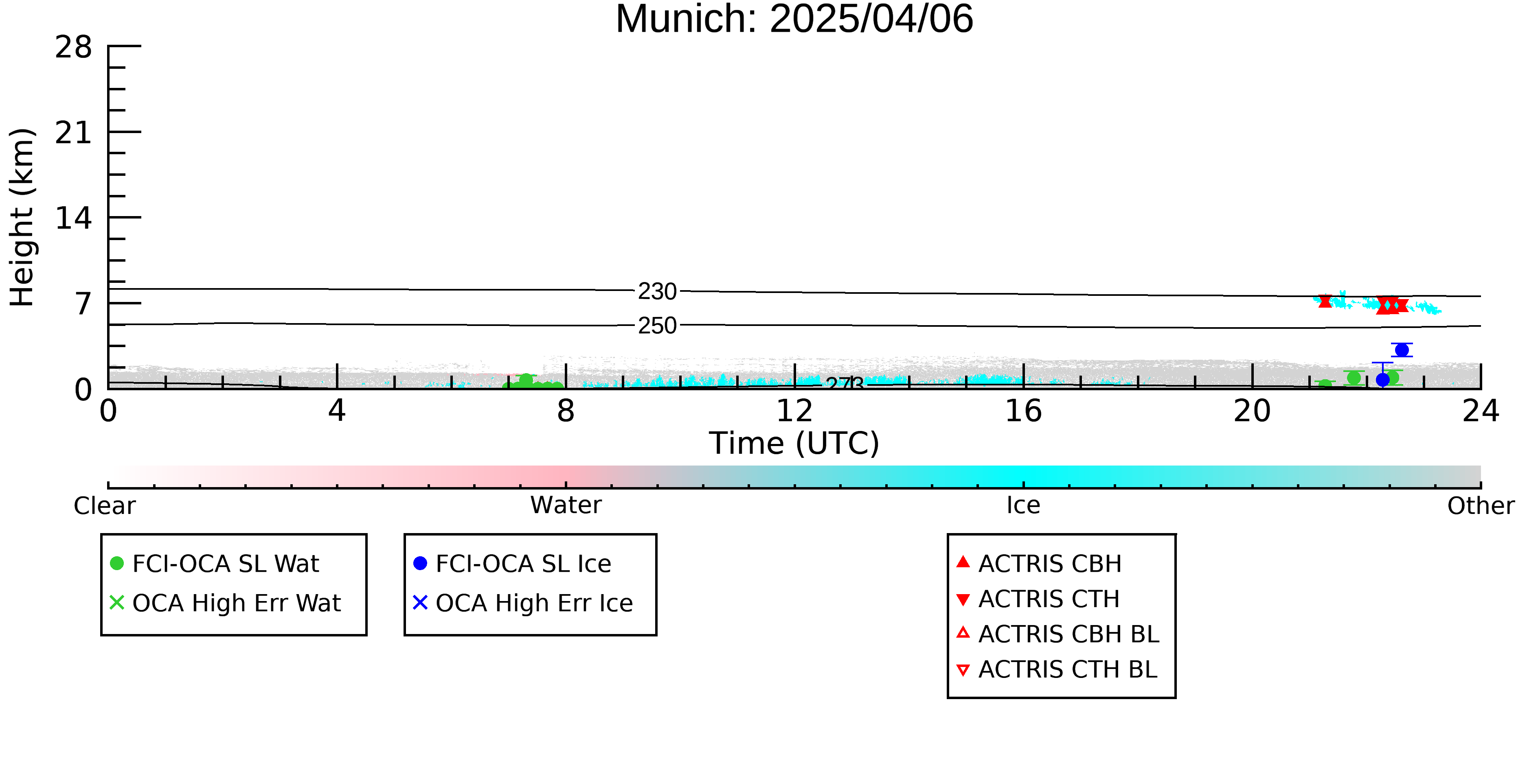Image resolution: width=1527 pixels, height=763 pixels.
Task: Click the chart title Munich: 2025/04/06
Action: pos(794,19)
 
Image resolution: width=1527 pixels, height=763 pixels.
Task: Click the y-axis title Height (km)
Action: pos(22,217)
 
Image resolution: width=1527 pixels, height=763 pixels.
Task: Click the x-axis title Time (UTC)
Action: pos(794,443)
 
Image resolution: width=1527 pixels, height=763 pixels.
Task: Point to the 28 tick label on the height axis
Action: pos(74,47)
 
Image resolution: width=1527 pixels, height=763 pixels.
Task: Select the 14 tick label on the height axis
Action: pos(74,218)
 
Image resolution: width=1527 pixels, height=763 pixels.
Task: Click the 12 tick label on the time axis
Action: pos(794,411)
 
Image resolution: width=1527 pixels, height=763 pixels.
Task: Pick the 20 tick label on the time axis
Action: pos(1252,411)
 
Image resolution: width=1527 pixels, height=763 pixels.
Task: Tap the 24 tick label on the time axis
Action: pos(1481,411)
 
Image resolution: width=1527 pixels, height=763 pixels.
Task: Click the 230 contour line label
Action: pos(657,291)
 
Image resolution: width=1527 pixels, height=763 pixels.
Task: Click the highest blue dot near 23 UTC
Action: pos(1402,350)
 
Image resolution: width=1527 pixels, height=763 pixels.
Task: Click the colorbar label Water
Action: pos(566,505)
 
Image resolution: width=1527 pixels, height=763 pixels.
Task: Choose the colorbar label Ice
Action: pos(1023,505)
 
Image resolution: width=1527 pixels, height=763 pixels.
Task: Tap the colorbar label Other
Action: pos(1481,506)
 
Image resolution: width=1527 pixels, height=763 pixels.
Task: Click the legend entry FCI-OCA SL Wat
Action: pos(215,563)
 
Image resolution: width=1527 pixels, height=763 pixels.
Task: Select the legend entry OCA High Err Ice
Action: pos(523,603)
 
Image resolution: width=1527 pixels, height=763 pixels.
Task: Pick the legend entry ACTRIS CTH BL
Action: pos(1057,669)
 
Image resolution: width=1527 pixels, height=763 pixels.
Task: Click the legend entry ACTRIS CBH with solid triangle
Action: pos(1039,563)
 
